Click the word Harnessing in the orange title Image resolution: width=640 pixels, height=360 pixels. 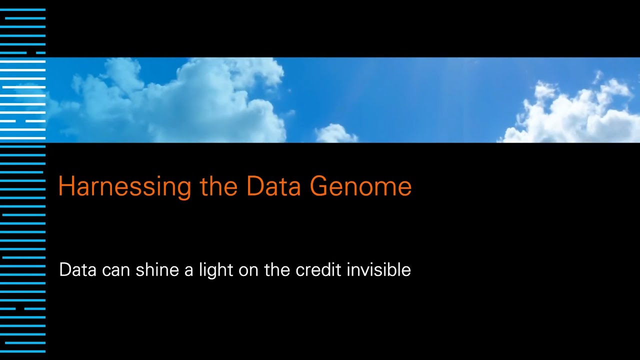coord(124,186)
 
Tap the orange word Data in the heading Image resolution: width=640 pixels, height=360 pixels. coord(273,186)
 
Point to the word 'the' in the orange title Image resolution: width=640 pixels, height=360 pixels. coord(219,186)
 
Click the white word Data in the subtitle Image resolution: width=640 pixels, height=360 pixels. coord(77,270)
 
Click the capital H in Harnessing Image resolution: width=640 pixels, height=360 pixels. coord(65,186)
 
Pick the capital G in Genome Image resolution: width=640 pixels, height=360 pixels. coord(319,186)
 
